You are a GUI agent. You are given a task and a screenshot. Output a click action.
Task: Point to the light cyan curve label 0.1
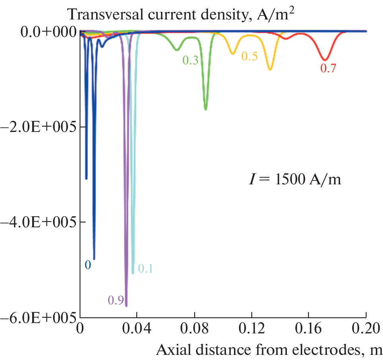tap(145, 269)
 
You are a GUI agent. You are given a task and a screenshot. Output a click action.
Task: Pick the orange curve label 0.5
tap(249, 56)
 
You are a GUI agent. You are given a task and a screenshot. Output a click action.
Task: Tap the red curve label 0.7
tap(328, 68)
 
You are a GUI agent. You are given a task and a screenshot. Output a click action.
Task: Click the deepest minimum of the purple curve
tap(126, 306)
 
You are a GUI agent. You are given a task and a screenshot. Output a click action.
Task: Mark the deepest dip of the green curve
tap(205, 109)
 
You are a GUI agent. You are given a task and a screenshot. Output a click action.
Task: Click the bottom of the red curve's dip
tap(325, 60)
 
